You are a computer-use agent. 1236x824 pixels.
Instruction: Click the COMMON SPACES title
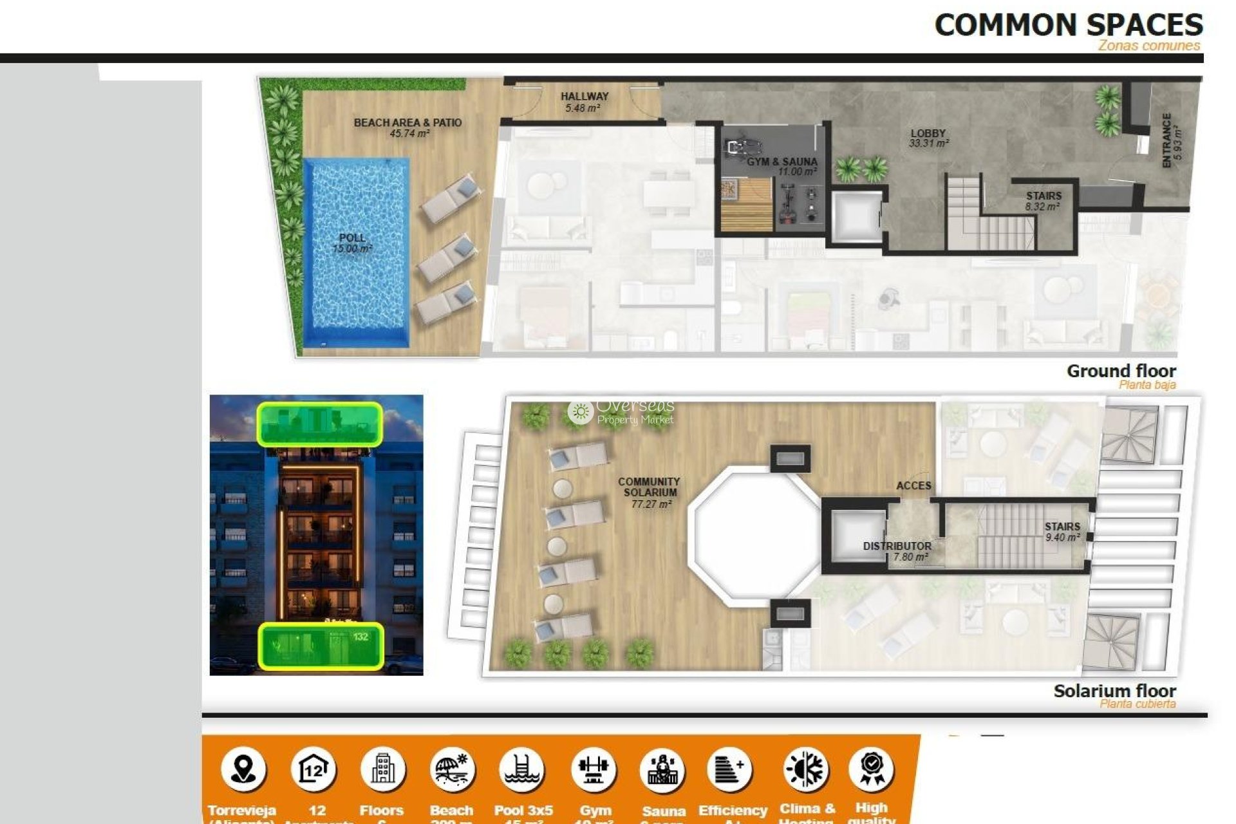click(1068, 26)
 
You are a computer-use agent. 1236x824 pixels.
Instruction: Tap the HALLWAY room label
click(584, 102)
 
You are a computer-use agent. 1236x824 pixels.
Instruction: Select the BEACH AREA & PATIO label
click(407, 127)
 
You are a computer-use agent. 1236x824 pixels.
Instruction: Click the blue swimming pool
click(356, 251)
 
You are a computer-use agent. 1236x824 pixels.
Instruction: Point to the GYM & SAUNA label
click(782, 166)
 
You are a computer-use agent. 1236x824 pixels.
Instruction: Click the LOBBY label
click(928, 138)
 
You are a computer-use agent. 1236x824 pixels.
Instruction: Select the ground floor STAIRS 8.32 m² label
click(1044, 200)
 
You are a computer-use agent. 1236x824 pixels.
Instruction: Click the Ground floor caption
click(1121, 371)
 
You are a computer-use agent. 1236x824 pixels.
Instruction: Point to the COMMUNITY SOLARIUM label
click(649, 492)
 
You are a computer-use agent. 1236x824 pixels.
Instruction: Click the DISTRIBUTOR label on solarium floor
click(897, 550)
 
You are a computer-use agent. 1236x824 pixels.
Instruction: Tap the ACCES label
click(913, 485)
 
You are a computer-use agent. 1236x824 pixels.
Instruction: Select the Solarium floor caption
click(1114, 691)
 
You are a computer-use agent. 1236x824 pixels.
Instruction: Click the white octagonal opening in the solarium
click(753, 534)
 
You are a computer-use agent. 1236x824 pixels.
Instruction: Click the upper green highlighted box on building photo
click(320, 424)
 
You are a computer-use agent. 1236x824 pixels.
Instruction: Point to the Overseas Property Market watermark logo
click(621, 412)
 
